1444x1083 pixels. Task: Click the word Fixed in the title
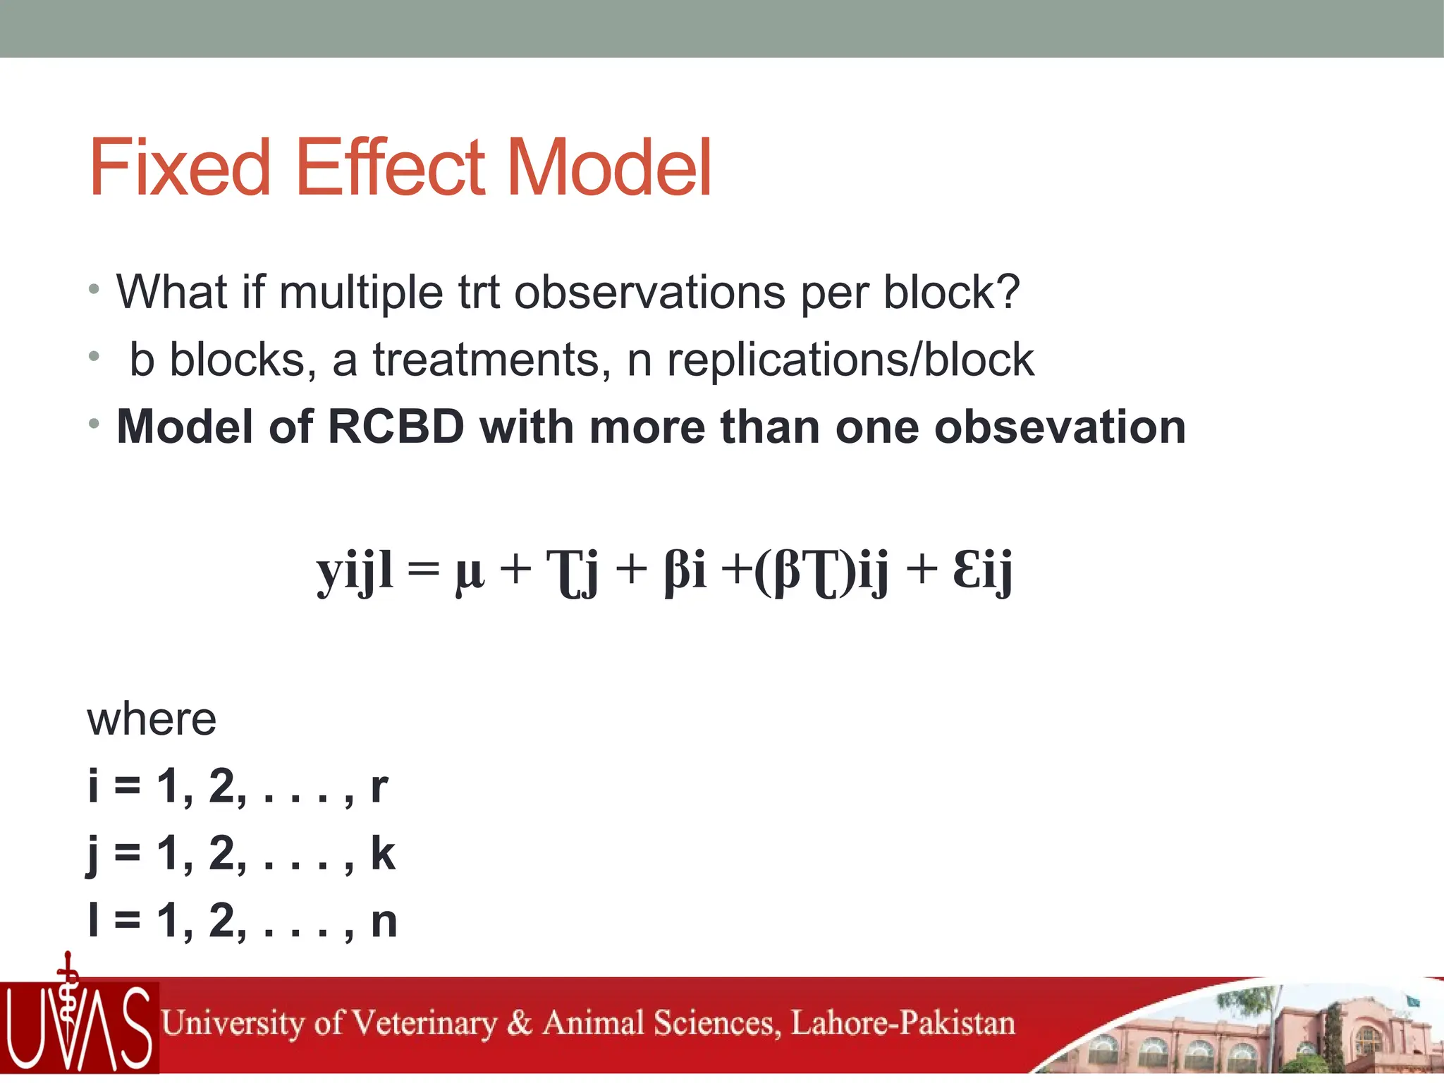(x=180, y=168)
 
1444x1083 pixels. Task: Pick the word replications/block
(x=850, y=360)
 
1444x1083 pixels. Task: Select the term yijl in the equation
(x=355, y=571)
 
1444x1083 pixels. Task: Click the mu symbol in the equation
(x=470, y=573)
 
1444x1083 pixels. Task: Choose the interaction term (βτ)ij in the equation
(x=821, y=571)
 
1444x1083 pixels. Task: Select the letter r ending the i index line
(x=379, y=787)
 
